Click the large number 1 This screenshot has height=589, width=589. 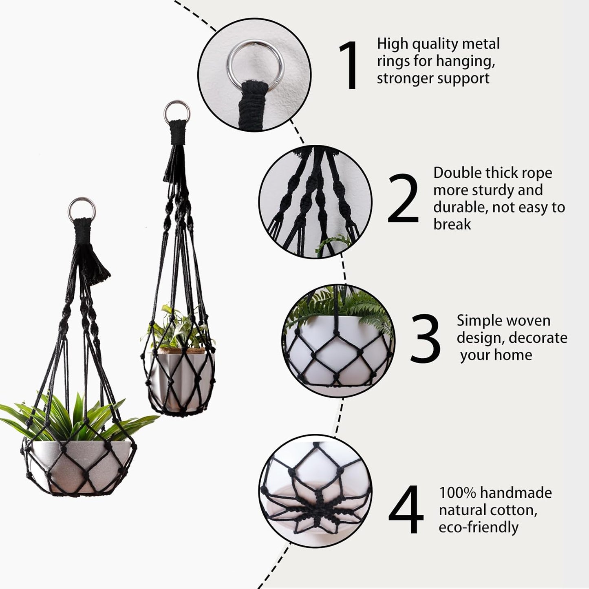click(x=349, y=66)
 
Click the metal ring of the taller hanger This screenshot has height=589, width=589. click(x=177, y=110)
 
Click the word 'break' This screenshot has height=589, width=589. click(x=452, y=224)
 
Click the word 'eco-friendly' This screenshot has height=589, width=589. click(x=478, y=527)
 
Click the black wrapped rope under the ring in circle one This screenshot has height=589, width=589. click(x=253, y=100)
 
